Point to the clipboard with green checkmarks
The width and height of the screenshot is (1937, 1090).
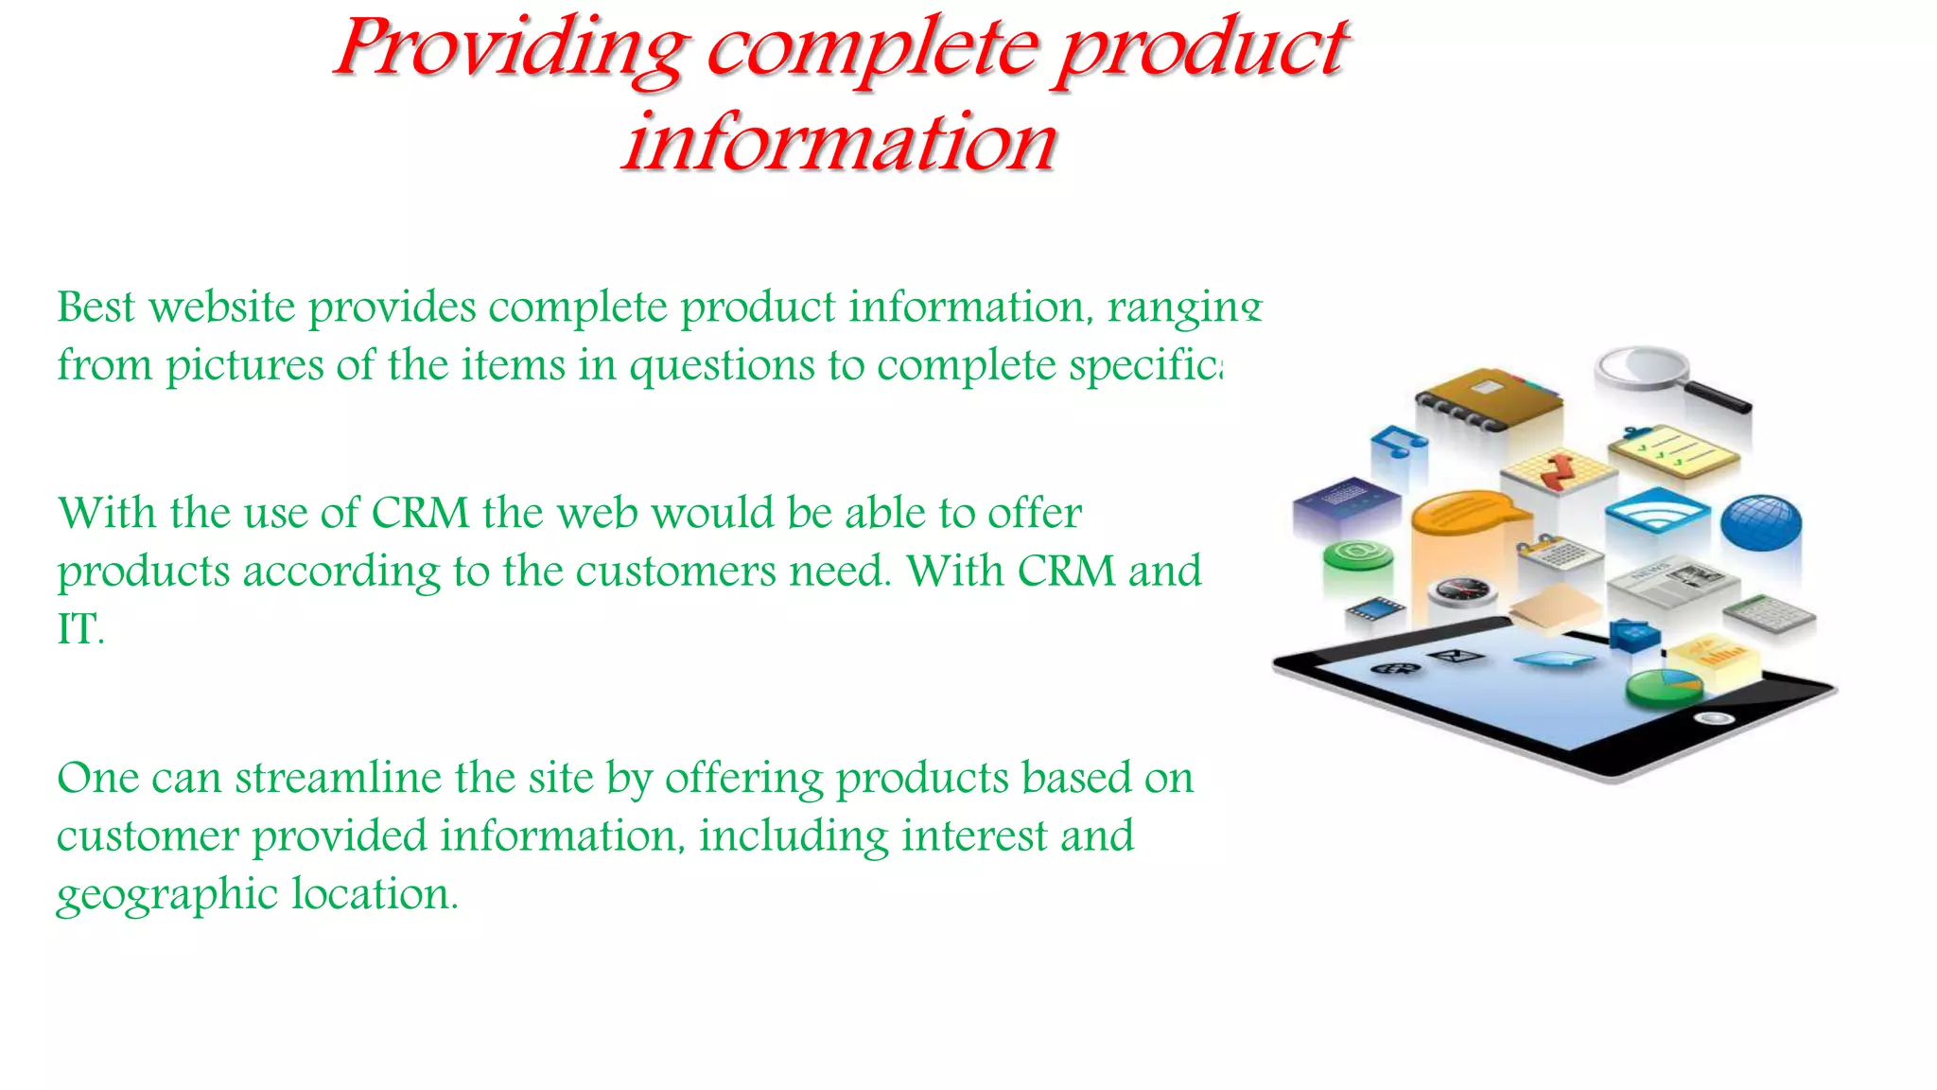pyautogui.click(x=1673, y=449)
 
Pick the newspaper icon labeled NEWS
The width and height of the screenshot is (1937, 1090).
pyautogui.click(x=1672, y=579)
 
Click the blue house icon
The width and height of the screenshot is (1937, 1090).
pyautogui.click(x=1633, y=633)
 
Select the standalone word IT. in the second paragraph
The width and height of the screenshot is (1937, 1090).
pyautogui.click(x=79, y=629)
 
